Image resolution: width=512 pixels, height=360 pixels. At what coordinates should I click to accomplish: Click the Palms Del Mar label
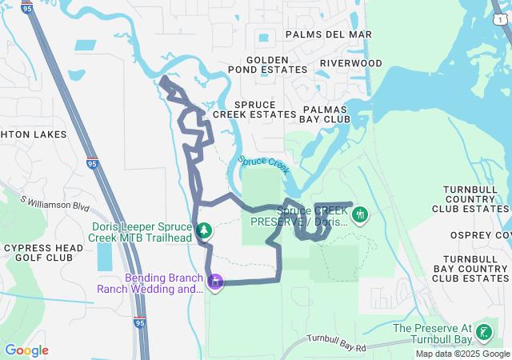click(x=329, y=34)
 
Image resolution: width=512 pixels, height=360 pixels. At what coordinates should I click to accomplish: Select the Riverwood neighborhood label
click(x=350, y=62)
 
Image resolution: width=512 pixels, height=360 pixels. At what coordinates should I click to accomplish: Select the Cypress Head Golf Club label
click(x=43, y=253)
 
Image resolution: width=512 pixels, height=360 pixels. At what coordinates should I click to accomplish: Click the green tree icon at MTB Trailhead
click(x=205, y=231)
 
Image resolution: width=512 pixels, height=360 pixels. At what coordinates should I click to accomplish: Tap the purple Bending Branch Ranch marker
click(x=215, y=282)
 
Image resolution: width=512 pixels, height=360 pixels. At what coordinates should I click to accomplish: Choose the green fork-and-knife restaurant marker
click(x=361, y=214)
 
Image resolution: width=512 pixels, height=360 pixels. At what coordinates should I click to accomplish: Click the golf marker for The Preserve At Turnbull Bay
click(x=483, y=332)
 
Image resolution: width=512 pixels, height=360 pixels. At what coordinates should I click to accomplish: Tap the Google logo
click(x=26, y=350)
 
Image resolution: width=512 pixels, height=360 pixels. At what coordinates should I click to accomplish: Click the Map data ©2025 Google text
click(x=462, y=354)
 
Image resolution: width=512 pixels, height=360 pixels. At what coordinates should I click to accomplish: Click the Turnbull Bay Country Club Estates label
click(x=470, y=268)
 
